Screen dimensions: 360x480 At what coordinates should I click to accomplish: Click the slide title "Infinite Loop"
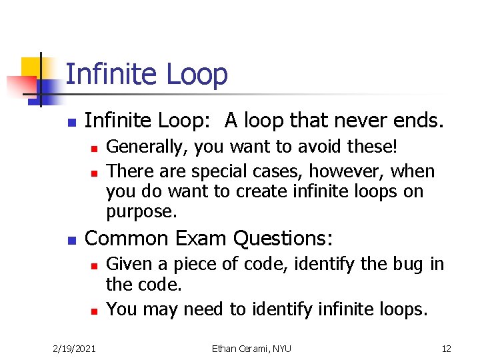(147, 75)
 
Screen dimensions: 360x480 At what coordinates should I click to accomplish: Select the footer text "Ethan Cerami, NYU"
(251, 349)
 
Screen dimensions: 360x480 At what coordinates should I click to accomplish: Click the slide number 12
(446, 349)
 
